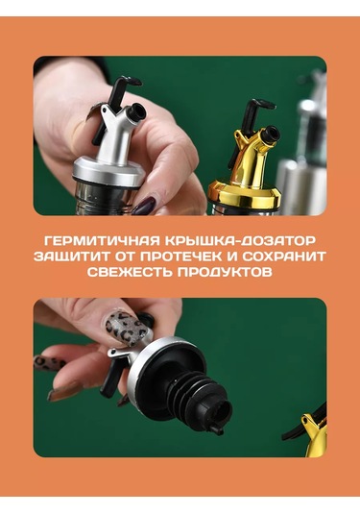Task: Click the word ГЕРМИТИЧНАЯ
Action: (102, 241)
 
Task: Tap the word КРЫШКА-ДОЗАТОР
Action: (240, 241)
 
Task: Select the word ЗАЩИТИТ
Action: (71, 257)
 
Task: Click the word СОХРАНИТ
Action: (284, 257)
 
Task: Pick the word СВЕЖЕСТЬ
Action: (130, 273)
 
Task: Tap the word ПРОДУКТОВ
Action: (225, 273)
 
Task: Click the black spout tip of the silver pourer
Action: (135, 111)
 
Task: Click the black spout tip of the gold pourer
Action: (272, 134)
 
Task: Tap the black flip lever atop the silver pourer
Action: (113, 103)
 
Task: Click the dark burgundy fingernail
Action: (143, 206)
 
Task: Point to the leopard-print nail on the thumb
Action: (126, 328)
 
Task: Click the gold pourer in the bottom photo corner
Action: (315, 434)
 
